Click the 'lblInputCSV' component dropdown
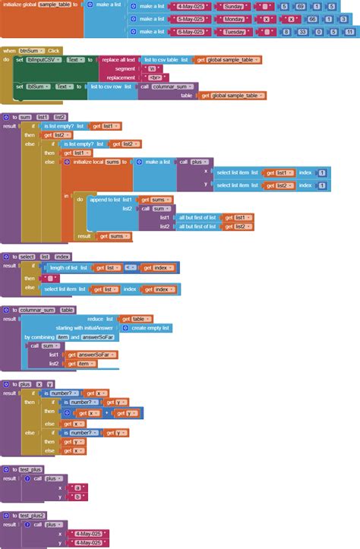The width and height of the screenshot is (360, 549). (x=43, y=59)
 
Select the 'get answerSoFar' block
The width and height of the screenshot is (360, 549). (x=93, y=355)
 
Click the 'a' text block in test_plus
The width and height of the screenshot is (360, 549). (x=77, y=487)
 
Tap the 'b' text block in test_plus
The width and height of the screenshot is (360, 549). (x=77, y=497)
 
